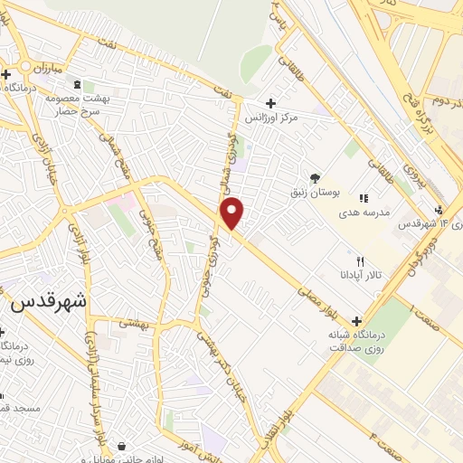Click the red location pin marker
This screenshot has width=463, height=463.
click(x=233, y=213)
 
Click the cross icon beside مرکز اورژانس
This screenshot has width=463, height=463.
click(x=270, y=102)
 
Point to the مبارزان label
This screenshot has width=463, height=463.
click(x=42, y=69)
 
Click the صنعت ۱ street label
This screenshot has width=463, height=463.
click(x=426, y=317)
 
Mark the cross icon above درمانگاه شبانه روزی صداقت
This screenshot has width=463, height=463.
click(x=356, y=321)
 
